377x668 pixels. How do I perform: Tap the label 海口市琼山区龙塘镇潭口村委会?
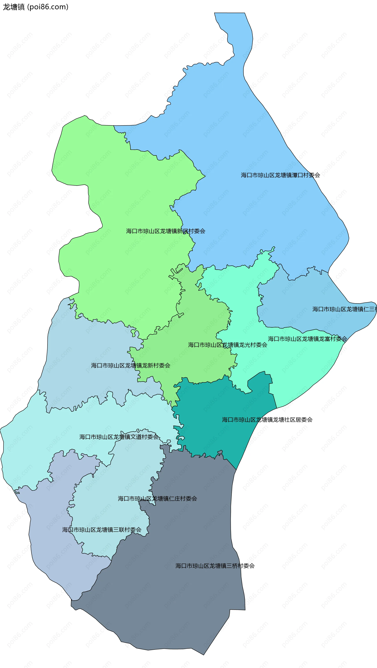coord(280,175)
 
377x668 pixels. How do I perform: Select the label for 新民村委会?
coord(165,231)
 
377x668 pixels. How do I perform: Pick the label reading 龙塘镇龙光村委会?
coord(227,345)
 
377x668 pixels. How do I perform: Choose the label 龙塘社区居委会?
coord(267,420)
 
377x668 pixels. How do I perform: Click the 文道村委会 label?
coord(119,437)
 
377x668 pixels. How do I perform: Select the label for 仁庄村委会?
coord(157,499)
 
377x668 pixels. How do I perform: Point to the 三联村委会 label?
coord(102,530)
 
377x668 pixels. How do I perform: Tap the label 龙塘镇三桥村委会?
coord(215,566)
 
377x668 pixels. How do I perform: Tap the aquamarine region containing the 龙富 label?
coord(298,363)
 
